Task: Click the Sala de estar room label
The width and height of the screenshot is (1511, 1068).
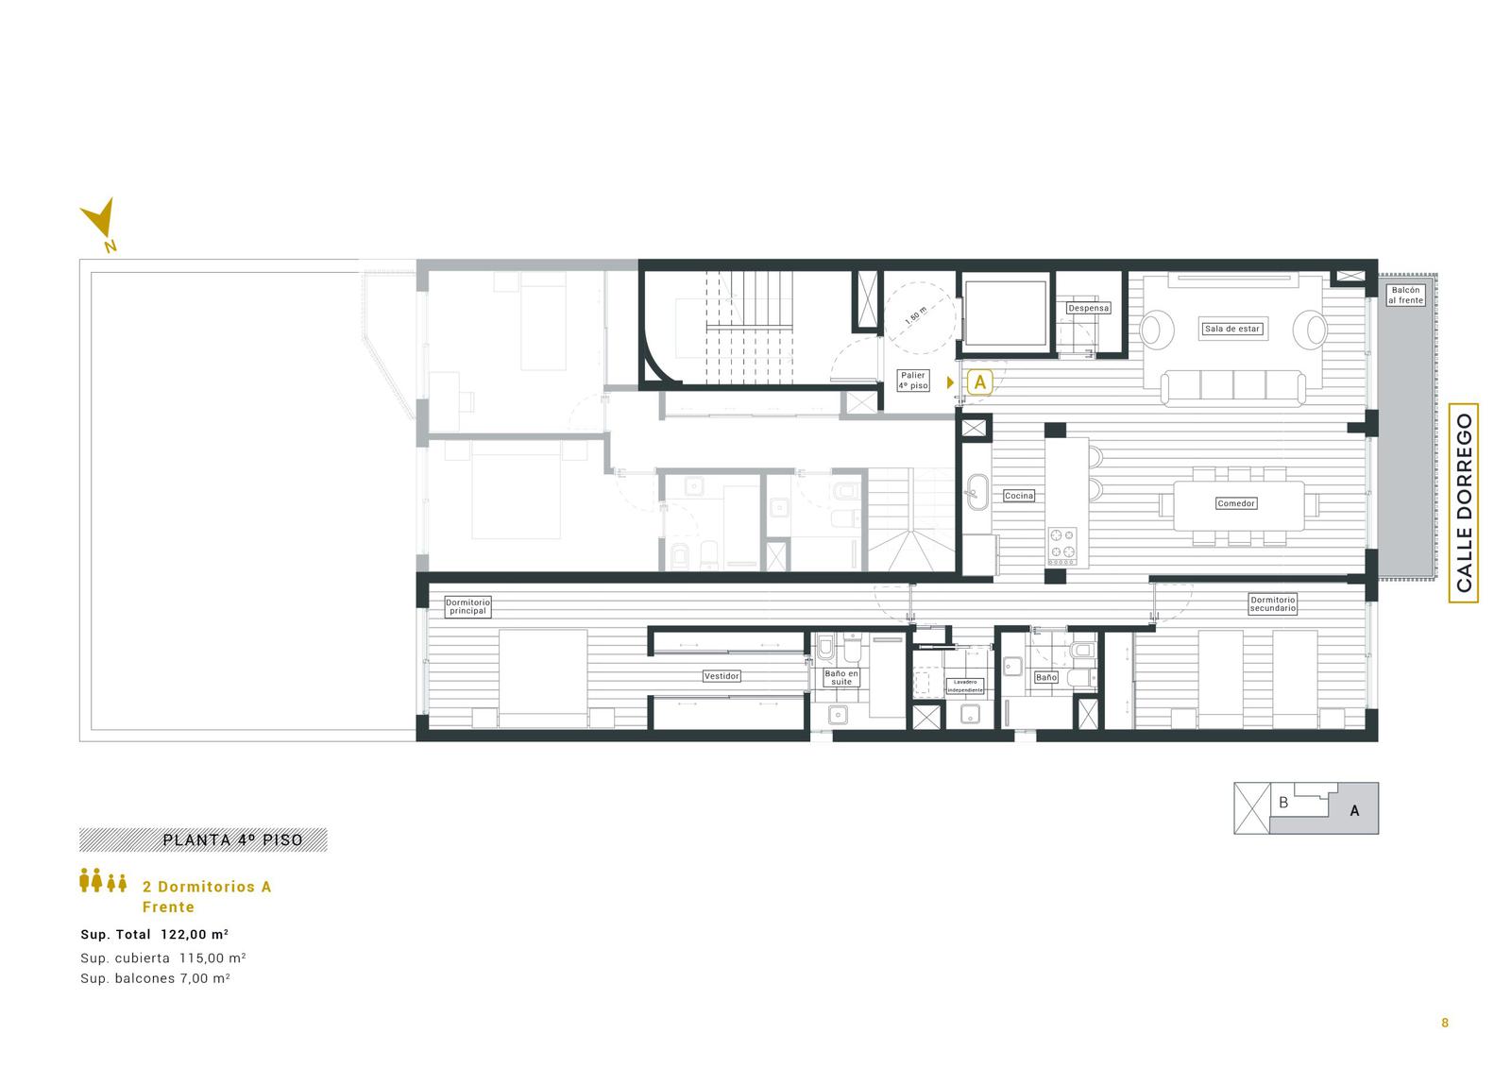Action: coord(1231,329)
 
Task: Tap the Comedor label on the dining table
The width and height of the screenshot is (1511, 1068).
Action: coord(1236,503)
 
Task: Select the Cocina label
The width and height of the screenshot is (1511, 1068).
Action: coord(1019,495)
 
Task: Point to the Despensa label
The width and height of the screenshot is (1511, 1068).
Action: coord(1088,308)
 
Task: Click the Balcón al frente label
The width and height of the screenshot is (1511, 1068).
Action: coord(1406,295)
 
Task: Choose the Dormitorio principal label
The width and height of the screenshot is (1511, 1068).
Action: coord(467,606)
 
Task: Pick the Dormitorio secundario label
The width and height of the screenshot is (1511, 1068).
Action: coord(1272,603)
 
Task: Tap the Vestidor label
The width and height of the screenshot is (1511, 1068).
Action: coord(722,675)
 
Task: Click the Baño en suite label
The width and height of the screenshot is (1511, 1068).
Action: coord(841,677)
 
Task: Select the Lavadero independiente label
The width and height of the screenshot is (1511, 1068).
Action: coord(965,687)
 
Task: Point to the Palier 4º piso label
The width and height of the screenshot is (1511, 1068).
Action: coord(912,381)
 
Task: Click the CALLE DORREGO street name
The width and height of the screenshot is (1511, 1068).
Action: coord(1463,502)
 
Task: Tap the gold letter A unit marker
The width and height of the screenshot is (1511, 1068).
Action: coord(979,382)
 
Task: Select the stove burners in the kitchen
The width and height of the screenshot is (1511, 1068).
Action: coord(1062,546)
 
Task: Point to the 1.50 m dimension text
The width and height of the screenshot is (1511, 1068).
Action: coord(916,315)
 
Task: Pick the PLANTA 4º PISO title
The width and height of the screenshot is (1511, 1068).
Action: coord(232,840)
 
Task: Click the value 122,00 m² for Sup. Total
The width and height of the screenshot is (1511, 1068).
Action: coord(195,935)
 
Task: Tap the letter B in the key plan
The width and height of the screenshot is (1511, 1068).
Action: coord(1283,803)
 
